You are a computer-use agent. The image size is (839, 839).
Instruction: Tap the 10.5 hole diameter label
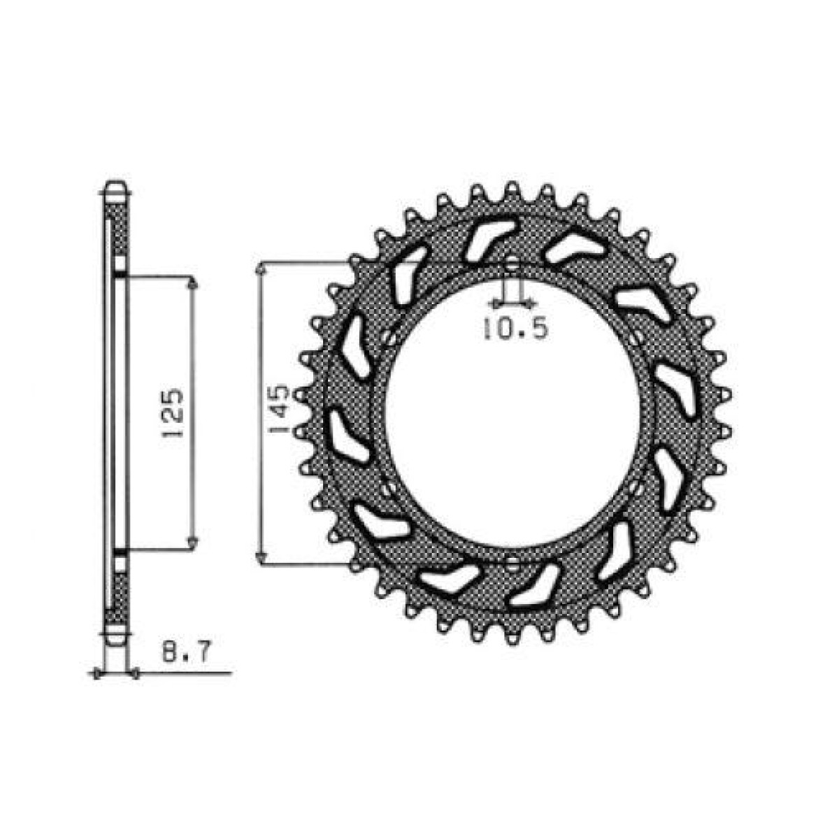514,329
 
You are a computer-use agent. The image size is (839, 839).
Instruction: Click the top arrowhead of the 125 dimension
194,282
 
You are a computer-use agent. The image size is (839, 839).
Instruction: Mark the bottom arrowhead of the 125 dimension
194,543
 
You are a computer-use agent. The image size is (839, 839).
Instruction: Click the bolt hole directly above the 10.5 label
512,266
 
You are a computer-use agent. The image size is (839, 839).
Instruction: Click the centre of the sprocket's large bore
512,414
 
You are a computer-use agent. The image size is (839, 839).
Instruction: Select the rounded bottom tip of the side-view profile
115,638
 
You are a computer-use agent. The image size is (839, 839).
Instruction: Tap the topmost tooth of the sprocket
512,189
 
